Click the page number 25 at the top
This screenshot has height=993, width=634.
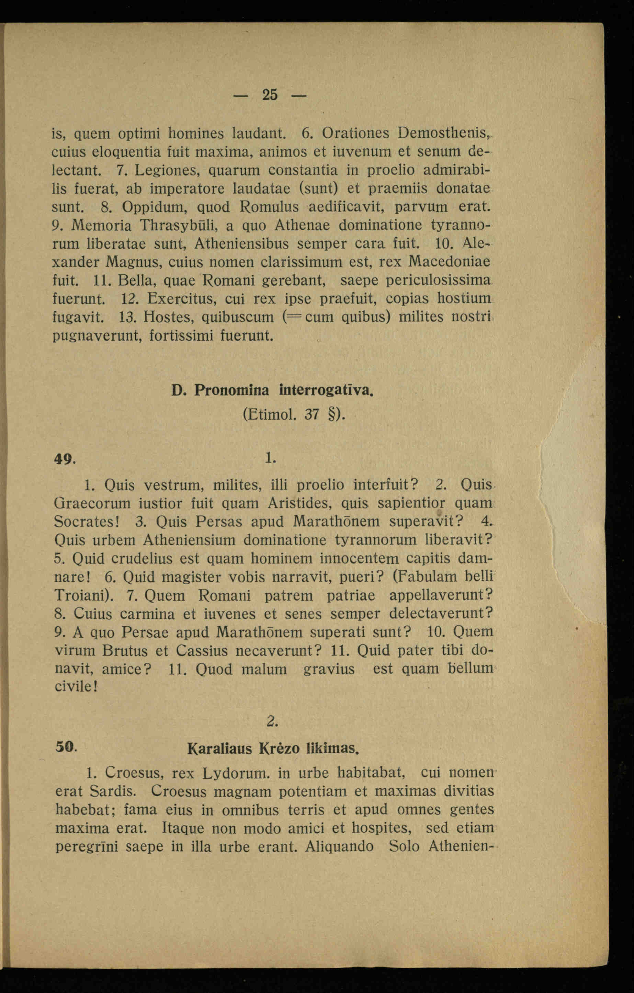[270, 95]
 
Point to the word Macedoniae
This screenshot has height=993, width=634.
[451, 262]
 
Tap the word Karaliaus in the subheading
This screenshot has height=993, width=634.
[219, 749]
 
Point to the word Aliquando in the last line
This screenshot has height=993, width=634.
[339, 847]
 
